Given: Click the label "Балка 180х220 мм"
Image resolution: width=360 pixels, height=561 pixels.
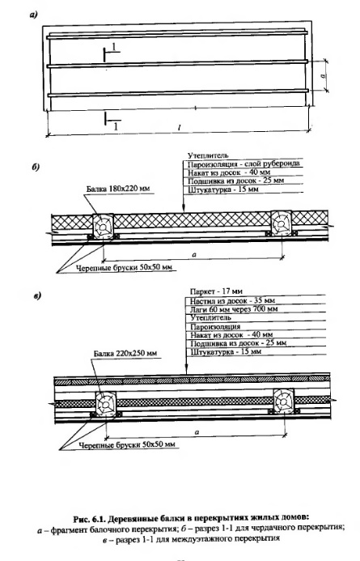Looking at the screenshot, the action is (x=119, y=189).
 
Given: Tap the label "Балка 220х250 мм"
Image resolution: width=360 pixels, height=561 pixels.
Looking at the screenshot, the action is (x=125, y=353).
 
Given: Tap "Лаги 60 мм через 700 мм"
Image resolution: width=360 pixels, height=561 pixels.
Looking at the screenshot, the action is (x=234, y=308).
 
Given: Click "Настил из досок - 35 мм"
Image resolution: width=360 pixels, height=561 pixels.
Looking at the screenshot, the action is (x=232, y=300).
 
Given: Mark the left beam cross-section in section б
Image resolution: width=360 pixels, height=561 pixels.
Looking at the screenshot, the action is (x=104, y=225).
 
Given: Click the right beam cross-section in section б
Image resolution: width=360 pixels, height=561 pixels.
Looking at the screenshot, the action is (x=281, y=223).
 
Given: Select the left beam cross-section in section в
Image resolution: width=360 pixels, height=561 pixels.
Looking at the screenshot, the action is (x=106, y=404).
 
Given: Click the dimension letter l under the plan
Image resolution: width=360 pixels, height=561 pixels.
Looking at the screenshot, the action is (x=179, y=127).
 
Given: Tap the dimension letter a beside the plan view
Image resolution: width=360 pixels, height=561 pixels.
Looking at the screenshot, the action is (x=324, y=75).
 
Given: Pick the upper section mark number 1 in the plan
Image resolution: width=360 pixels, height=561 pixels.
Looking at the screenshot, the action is (x=114, y=47).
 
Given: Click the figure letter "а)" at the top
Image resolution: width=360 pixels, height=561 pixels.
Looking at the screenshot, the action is (x=34, y=15).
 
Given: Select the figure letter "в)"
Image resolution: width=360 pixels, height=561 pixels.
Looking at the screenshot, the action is (x=37, y=296).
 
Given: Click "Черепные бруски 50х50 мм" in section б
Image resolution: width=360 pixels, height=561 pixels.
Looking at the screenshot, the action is (x=126, y=267).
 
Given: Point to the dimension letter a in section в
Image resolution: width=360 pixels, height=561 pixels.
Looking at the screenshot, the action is (x=197, y=432).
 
